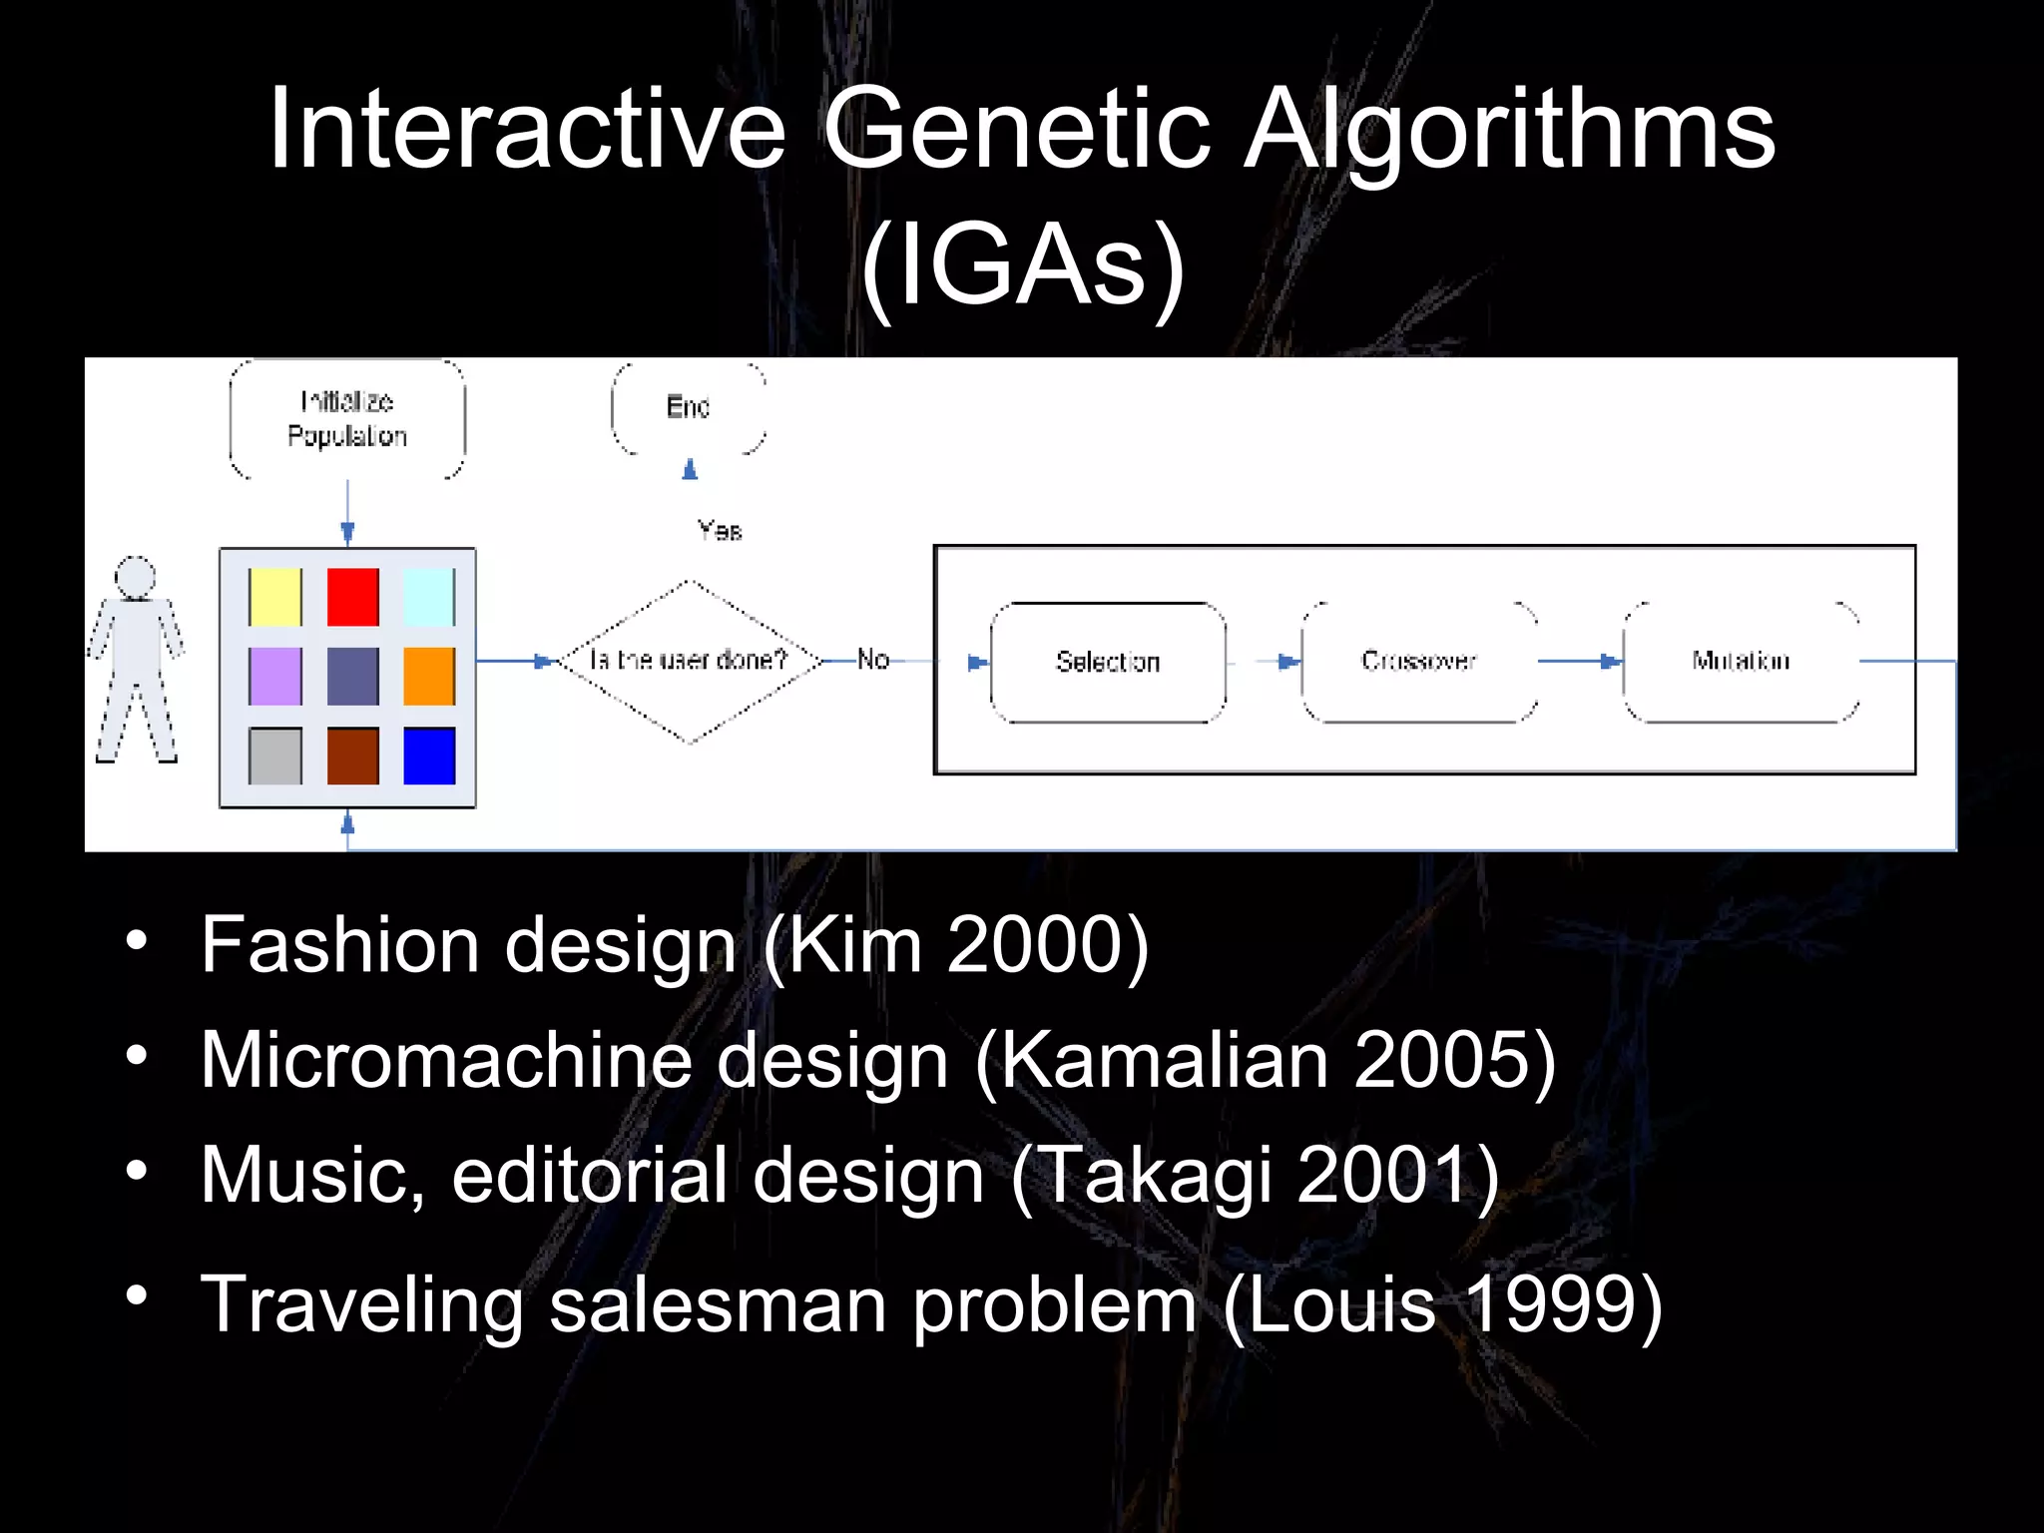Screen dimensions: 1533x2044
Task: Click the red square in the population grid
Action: click(x=353, y=597)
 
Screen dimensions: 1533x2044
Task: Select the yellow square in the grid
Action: click(x=275, y=597)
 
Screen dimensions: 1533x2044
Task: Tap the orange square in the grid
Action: click(x=429, y=676)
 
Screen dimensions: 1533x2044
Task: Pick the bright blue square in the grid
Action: click(x=429, y=756)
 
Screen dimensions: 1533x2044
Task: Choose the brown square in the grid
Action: click(x=353, y=756)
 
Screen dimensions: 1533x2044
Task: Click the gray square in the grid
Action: click(x=275, y=756)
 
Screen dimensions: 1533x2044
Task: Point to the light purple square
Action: click(x=275, y=676)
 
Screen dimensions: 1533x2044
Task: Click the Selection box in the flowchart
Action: click(x=1108, y=662)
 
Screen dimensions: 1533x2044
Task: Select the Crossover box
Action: click(x=1418, y=662)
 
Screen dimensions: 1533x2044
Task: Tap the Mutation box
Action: click(x=1741, y=662)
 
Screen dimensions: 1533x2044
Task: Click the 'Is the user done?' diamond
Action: click(x=689, y=661)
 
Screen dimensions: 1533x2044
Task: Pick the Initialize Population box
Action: click(x=347, y=419)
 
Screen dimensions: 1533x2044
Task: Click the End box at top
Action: click(x=689, y=407)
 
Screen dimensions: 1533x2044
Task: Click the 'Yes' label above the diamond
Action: click(x=720, y=530)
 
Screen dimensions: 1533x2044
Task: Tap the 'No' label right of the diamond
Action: click(x=873, y=660)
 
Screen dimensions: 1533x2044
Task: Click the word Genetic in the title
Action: click(x=1016, y=130)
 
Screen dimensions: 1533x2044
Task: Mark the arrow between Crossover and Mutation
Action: click(x=1581, y=661)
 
